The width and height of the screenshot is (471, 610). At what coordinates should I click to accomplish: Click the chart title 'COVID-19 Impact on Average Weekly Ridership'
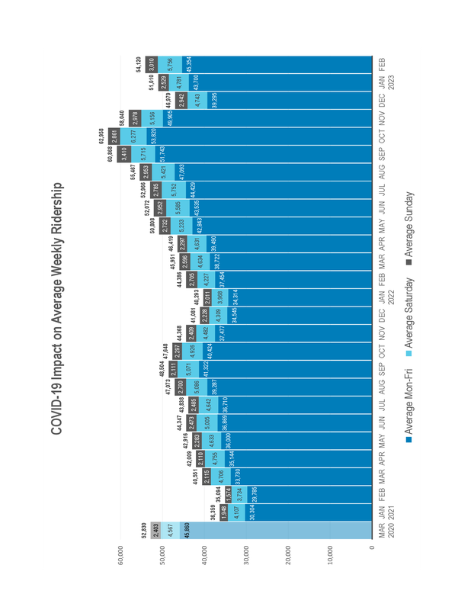[57, 309]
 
